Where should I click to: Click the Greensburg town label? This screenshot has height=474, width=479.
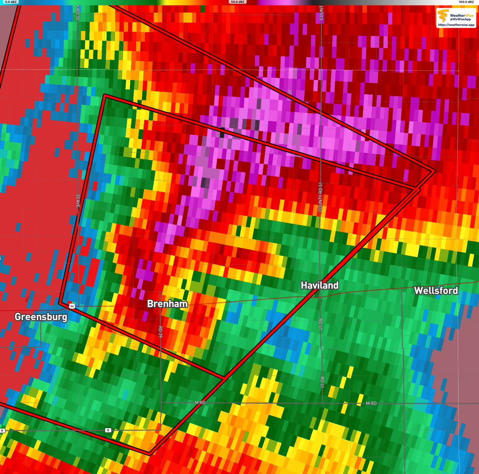(41, 317)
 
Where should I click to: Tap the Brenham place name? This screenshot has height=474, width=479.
(167, 304)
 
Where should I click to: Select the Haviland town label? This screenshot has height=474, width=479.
(319, 285)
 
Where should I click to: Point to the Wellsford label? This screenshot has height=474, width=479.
(436, 291)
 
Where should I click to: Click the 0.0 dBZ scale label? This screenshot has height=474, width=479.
(8, 2)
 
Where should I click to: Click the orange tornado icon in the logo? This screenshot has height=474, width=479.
(443, 16)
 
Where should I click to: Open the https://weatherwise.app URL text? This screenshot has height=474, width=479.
(456, 25)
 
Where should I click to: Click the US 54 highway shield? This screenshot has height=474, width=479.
(71, 305)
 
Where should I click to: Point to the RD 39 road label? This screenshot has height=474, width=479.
(160, 331)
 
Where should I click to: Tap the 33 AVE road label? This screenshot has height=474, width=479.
(78, 201)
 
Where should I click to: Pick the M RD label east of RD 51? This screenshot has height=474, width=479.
(371, 404)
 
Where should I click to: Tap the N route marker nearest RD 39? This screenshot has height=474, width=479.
(108, 430)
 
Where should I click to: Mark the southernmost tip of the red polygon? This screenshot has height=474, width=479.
(149, 453)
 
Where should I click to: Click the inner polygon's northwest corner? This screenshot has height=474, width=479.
(105, 96)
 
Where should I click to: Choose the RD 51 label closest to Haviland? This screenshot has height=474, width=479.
(321, 324)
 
